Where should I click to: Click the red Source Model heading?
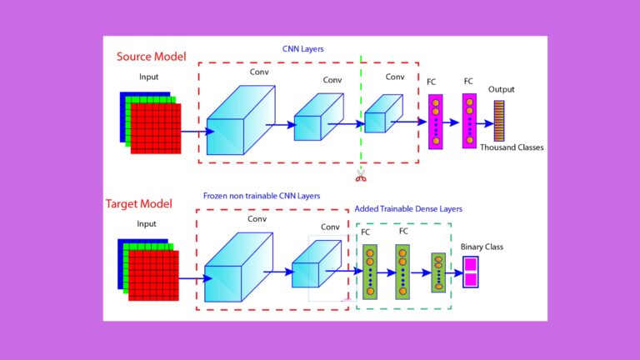[x=151, y=57]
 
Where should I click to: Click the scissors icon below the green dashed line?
[x=361, y=175]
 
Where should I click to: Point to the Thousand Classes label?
[x=512, y=147]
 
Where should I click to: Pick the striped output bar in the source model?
[x=498, y=120]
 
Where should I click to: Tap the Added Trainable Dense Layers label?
[x=408, y=208]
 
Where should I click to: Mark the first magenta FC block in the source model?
[x=436, y=122]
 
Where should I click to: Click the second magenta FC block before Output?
[x=469, y=122]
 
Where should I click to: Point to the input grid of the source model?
[x=151, y=122]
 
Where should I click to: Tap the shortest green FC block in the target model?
[x=438, y=272]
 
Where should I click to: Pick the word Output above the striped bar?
[x=501, y=89]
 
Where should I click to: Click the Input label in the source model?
[x=148, y=77]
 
